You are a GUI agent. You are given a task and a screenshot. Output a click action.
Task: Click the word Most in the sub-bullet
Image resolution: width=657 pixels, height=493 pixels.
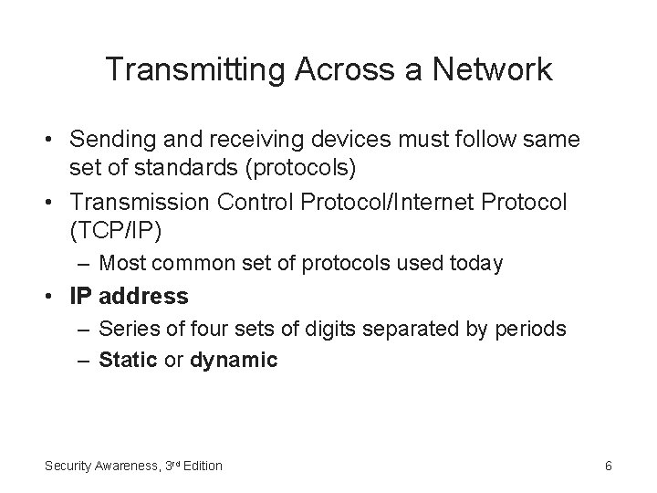(x=120, y=264)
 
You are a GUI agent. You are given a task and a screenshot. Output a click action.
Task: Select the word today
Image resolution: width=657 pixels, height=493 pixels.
(x=476, y=264)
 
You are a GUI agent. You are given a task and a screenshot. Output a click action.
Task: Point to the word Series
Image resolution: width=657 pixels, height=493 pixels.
(x=125, y=329)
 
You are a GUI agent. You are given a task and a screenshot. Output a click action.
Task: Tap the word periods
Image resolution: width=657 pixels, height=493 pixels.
(x=534, y=329)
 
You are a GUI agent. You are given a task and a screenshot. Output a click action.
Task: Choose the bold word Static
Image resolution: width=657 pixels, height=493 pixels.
(x=128, y=360)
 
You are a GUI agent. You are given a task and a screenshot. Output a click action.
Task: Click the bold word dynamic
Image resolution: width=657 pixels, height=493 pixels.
(x=234, y=361)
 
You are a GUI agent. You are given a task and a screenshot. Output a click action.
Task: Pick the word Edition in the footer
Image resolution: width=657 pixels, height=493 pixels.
(x=203, y=466)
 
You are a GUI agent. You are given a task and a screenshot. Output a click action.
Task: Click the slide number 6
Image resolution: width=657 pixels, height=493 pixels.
(x=608, y=466)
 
